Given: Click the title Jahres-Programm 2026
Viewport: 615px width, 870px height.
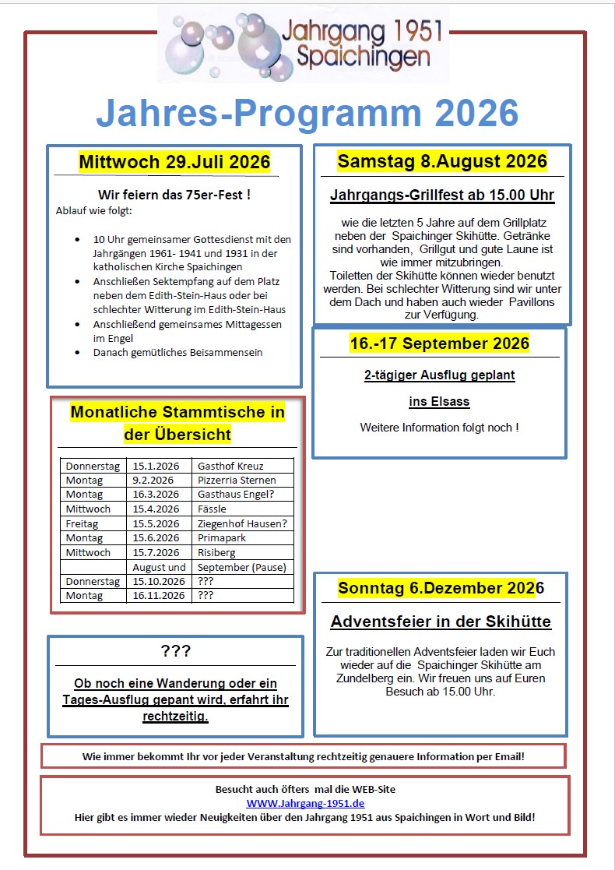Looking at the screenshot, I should pos(307,113).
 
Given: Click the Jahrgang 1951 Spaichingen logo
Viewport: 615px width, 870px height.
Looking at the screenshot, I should pos(304,44).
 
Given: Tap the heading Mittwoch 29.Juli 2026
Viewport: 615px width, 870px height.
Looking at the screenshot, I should pos(174,163).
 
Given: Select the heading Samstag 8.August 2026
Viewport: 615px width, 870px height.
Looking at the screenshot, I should pos(442,161).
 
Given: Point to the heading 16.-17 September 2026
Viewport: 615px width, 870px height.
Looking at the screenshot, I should pos(439,343).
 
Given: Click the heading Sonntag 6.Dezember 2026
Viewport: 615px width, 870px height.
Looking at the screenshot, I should pos(441,588).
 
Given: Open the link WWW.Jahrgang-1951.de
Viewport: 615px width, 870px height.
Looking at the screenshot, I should pos(305,803).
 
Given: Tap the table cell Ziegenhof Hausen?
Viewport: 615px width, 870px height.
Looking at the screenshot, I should pos(242,523).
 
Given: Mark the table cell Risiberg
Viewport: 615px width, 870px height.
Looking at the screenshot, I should pos(217,552).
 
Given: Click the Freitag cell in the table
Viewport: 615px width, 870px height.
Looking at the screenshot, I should pos(82,523).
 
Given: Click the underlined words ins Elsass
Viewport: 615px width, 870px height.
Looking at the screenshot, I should pos(439,402).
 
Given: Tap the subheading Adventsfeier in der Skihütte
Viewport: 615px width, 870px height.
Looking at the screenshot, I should pos(441,622).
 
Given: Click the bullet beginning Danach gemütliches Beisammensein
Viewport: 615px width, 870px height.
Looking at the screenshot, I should pos(177,352).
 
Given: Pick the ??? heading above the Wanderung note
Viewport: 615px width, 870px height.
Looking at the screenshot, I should pos(175,651).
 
